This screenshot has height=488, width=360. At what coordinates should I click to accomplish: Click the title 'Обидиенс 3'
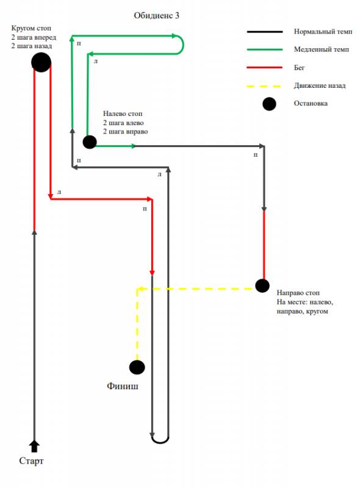point(156,16)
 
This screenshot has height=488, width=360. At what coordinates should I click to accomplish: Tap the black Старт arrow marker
point(34,446)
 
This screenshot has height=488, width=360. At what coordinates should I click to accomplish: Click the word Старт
point(31,461)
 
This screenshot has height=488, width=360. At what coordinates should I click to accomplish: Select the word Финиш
point(123,386)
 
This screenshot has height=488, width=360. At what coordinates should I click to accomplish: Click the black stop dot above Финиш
point(137,367)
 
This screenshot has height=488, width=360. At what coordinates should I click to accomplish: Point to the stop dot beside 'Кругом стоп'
point(41,62)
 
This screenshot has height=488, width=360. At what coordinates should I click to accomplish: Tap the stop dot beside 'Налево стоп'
point(90,142)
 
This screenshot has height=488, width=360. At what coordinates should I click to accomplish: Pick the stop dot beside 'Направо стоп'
point(262,285)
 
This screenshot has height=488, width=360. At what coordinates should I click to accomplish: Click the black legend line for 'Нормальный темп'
point(265,32)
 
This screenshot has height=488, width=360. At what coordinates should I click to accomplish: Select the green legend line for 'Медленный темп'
point(265,49)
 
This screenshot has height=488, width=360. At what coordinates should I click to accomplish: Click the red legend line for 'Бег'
point(265,68)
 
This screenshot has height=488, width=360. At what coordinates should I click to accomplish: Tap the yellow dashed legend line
point(264,86)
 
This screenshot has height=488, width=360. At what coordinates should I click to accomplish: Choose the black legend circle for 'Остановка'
point(269,104)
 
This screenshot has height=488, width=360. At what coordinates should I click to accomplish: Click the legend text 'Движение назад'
point(320,85)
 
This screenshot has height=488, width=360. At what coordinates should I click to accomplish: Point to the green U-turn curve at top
point(181,45)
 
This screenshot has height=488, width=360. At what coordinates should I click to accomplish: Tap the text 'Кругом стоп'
point(31,28)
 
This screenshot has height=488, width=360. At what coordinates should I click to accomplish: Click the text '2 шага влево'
point(123,123)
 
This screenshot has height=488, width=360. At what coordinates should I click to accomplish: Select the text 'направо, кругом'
point(302,311)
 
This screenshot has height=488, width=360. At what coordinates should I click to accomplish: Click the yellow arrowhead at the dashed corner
point(140,289)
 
